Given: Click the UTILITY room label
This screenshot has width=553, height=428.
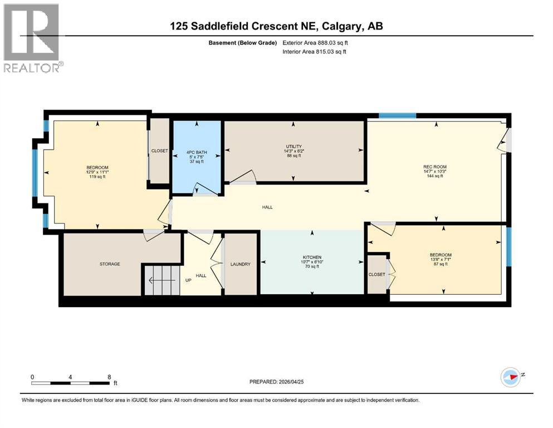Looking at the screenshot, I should (x=293, y=146).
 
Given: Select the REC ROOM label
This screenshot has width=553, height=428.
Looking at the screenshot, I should (x=435, y=167).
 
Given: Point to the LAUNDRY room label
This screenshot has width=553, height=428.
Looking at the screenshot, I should (x=241, y=264).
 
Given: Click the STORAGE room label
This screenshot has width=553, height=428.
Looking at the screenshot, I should (x=110, y=264).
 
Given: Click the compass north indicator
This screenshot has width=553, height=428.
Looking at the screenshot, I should (x=510, y=377).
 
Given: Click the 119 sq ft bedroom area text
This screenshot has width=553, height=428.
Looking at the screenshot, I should (x=97, y=177).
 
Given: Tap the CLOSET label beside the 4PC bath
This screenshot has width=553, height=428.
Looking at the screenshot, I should (x=160, y=151).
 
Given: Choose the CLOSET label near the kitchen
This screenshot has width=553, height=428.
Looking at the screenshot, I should (x=377, y=275).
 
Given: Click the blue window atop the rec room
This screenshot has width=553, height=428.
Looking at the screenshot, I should (x=397, y=116).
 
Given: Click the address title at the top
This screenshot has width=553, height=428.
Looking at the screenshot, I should (x=277, y=26).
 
